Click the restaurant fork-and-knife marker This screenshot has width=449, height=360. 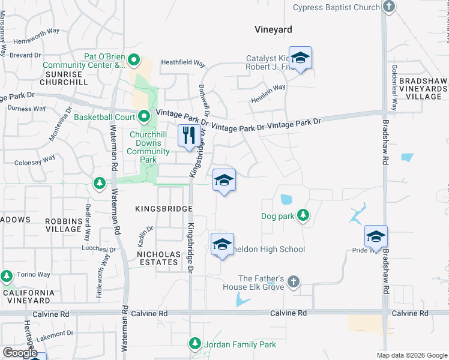(189, 136)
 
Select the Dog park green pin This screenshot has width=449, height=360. (303, 215)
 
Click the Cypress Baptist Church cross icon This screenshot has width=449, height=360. (389, 7)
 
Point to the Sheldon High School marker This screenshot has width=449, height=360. (222, 244)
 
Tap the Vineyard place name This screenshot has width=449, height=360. (273, 29)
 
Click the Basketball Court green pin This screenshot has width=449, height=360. (143, 116)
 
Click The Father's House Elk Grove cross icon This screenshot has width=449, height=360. (293, 281)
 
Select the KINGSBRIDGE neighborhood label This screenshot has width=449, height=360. (163, 209)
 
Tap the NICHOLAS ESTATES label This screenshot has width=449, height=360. (158, 259)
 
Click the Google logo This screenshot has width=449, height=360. (20, 353)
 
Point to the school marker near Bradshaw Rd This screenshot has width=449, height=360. (376, 236)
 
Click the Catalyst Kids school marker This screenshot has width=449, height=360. (300, 58)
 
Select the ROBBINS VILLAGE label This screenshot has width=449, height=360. (63, 224)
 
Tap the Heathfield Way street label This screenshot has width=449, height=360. (183, 63)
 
